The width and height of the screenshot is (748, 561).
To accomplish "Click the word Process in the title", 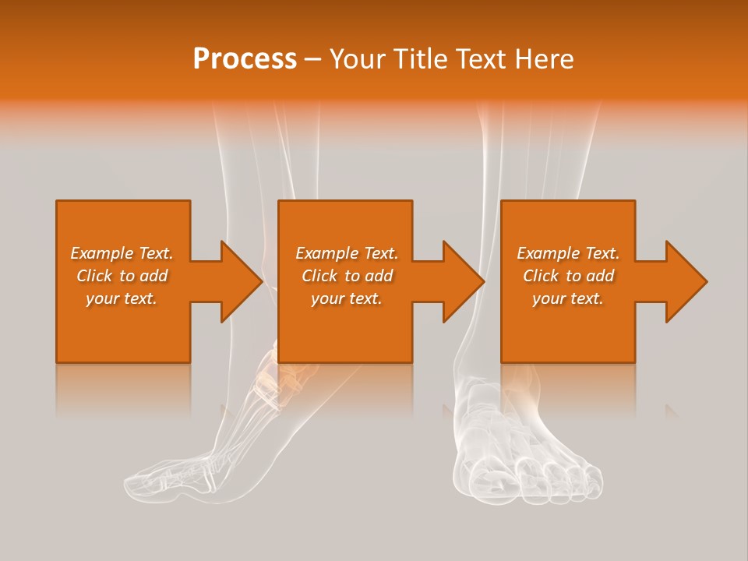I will tap(245, 59).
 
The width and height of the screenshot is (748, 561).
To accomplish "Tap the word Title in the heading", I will tap(419, 59).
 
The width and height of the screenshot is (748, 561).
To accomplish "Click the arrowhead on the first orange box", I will tap(242, 281).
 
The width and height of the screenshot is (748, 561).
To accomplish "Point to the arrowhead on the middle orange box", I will tap(464, 281).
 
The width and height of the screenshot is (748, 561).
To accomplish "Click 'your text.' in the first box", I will tap(122, 298).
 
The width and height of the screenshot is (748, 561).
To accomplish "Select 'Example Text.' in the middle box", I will tap(347, 253).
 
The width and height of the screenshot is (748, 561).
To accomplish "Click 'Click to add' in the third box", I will tap(569, 276).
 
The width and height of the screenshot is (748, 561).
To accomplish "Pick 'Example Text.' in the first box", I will tap(122, 253).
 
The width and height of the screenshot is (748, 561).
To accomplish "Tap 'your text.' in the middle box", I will tap(347, 298).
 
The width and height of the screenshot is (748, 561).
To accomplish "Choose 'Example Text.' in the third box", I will tap(569, 253).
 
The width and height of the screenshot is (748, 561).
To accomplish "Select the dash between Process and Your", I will tap(313, 60).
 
